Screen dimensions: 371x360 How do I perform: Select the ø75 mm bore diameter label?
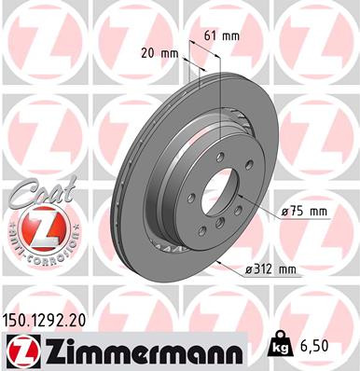[305, 212]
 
